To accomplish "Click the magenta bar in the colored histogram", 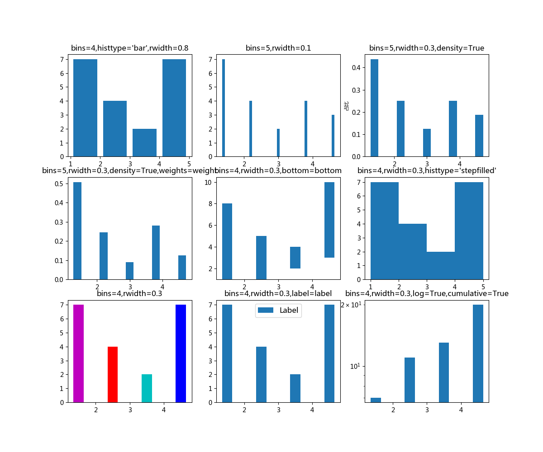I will click(x=78, y=353).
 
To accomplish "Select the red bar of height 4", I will click(x=113, y=374).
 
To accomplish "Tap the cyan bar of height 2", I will click(x=147, y=388).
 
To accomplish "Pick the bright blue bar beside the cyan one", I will click(x=181, y=353).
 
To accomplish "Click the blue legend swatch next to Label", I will click(x=266, y=311).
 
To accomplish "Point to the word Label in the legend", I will click(x=289, y=311).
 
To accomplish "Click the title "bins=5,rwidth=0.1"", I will click(x=278, y=48).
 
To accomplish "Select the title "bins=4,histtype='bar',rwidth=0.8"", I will click(x=130, y=48).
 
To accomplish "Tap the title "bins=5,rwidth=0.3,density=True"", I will click(x=427, y=48).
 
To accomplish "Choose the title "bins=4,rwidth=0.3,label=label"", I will click(x=278, y=293).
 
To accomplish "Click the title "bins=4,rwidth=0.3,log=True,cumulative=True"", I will click(x=427, y=293).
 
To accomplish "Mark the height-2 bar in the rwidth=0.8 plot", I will click(x=144, y=142).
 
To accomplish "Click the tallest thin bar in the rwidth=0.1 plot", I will click(x=224, y=108).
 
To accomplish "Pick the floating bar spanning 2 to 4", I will click(x=295, y=258).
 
